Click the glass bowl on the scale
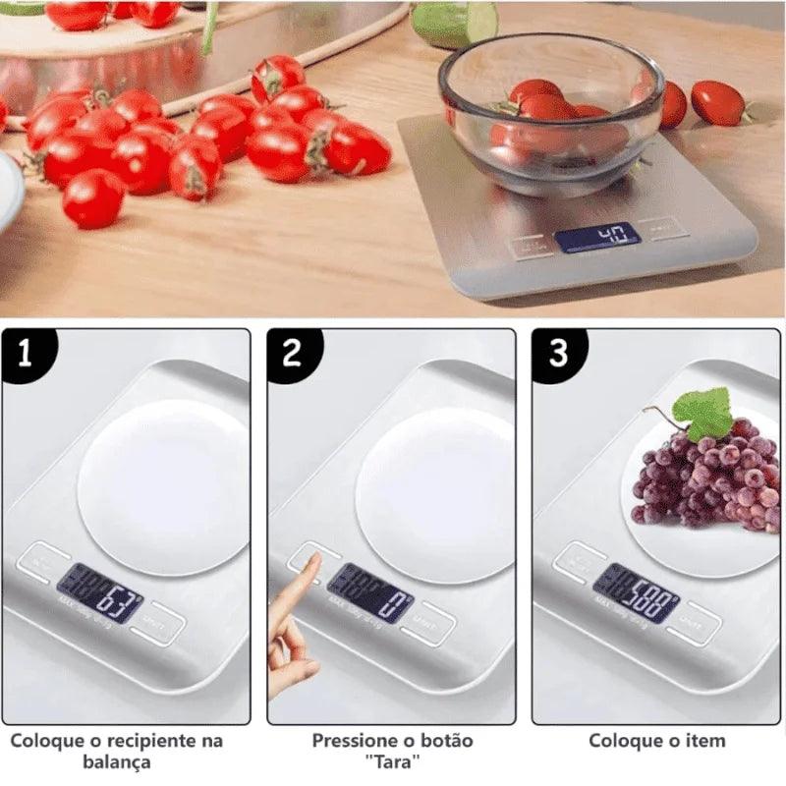pyautogui.click(x=550, y=113)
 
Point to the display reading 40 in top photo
pyautogui.click(x=596, y=237)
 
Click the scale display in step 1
pyautogui.click(x=99, y=592)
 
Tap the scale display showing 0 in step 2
pyautogui.click(x=369, y=592)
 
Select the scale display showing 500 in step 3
pyautogui.click(x=636, y=592)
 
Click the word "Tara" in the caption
pyautogui.click(x=392, y=762)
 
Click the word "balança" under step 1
pyautogui.click(x=116, y=762)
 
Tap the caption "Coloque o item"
pyautogui.click(x=656, y=740)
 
